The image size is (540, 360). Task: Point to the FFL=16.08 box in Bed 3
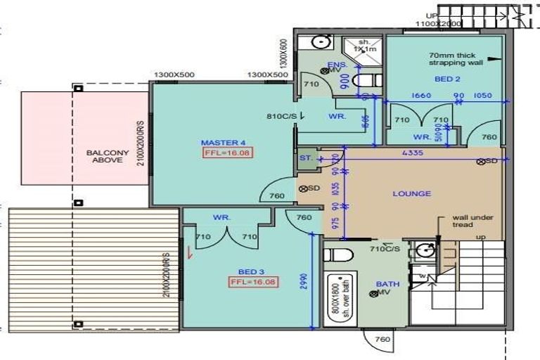pyautogui.click(x=251, y=283)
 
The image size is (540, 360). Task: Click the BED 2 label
pyautogui.click(x=447, y=79)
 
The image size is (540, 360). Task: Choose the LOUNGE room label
pyautogui.click(x=411, y=193)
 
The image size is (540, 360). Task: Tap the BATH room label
pyautogui.click(x=387, y=284)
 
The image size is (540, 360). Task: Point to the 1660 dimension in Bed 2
pyautogui.click(x=421, y=96)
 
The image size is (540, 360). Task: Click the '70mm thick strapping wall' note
pyautogui.click(x=456, y=58)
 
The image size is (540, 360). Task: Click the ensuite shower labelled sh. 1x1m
pyautogui.click(x=364, y=46)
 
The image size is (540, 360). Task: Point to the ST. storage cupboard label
pyautogui.click(x=306, y=158)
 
